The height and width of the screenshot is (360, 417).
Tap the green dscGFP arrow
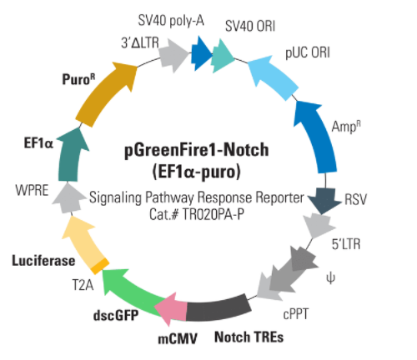[131, 292]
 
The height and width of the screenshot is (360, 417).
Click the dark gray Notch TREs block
[219, 308]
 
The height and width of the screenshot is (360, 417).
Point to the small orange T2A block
[100, 266]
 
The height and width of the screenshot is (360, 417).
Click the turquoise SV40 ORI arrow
[223, 56]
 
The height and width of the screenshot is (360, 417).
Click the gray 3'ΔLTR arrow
[173, 56]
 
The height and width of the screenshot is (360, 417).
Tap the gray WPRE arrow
[68, 197]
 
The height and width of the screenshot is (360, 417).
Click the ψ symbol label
[330, 278]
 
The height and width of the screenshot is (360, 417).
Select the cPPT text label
[296, 315]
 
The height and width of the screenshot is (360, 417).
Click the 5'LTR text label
[346, 244]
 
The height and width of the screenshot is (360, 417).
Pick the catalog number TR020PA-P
[214, 214]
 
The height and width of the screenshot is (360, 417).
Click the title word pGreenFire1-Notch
[197, 150]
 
